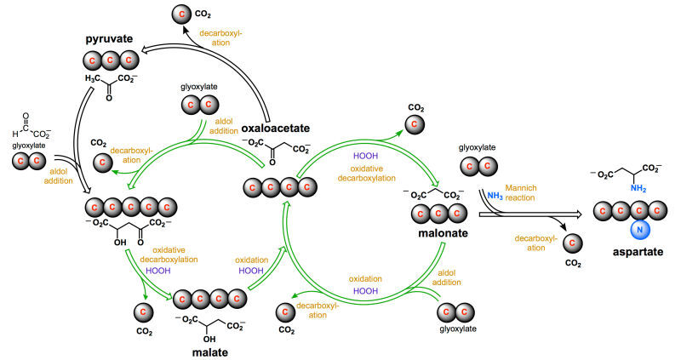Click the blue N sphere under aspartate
coord(636,230)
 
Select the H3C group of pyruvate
coord(93,79)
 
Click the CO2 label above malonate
coord(416,108)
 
